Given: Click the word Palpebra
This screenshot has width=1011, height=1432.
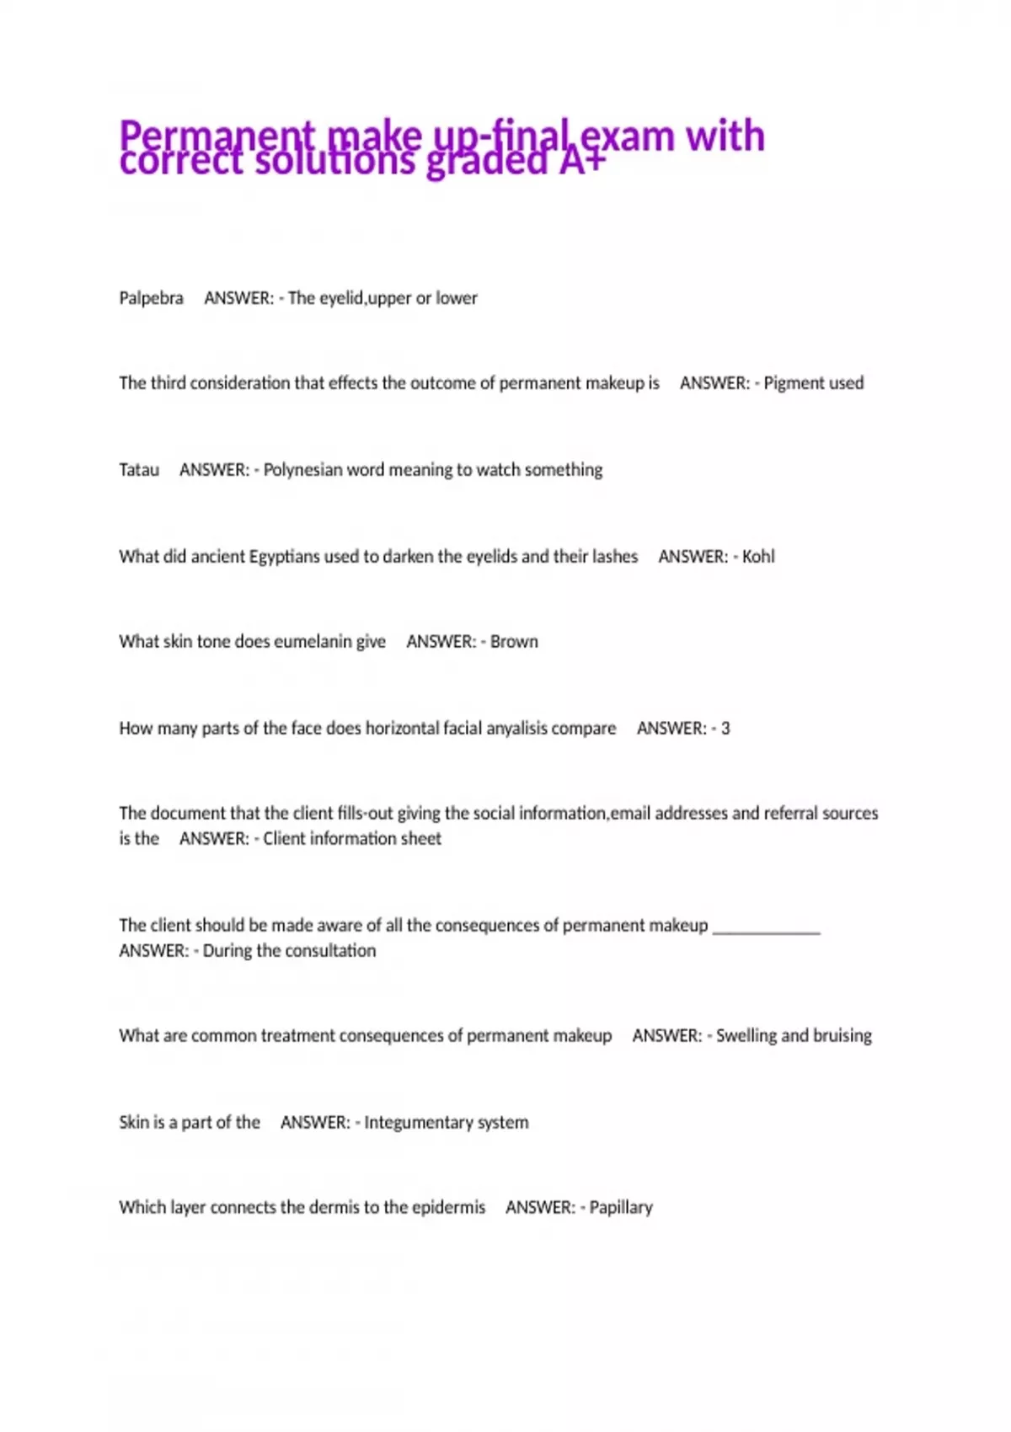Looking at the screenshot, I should tap(151, 298).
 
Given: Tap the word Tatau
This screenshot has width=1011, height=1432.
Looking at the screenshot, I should tap(139, 470).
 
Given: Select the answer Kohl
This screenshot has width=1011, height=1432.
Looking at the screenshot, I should tap(758, 557).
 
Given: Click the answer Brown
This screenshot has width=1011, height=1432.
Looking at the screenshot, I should tap(514, 642).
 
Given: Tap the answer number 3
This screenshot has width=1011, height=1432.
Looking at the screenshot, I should tap(725, 729).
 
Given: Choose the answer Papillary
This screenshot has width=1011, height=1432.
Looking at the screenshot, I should tap(621, 1208).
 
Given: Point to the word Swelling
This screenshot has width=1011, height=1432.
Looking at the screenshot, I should tap(746, 1036).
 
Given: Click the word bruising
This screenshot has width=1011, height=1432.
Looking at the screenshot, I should tap(842, 1036).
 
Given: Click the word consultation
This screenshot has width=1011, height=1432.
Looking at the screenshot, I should tap(330, 951).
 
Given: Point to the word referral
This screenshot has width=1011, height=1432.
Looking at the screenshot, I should tap(793, 814).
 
